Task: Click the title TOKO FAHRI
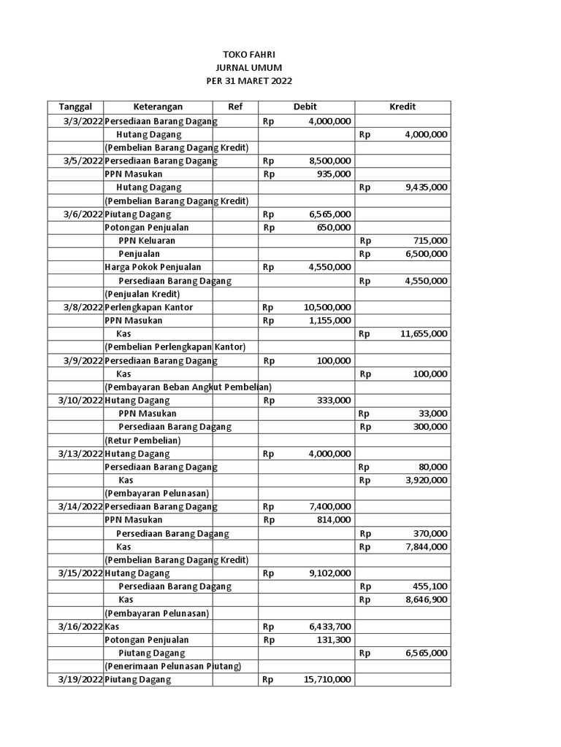click(x=249, y=55)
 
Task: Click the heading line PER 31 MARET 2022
click(x=249, y=81)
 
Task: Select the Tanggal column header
click(x=76, y=107)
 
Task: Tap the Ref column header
click(x=234, y=107)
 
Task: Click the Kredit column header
click(x=402, y=107)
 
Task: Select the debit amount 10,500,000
click(x=327, y=307)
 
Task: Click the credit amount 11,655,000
click(x=424, y=334)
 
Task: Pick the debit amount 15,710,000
click(x=327, y=679)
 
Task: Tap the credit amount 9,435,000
click(x=426, y=187)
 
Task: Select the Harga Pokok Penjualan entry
click(x=153, y=267)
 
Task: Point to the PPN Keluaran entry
click(x=147, y=241)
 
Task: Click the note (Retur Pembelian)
click(x=142, y=440)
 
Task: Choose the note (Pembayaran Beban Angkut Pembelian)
click(x=188, y=387)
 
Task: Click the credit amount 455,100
click(x=430, y=586)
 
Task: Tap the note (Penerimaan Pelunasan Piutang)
click(x=172, y=666)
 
